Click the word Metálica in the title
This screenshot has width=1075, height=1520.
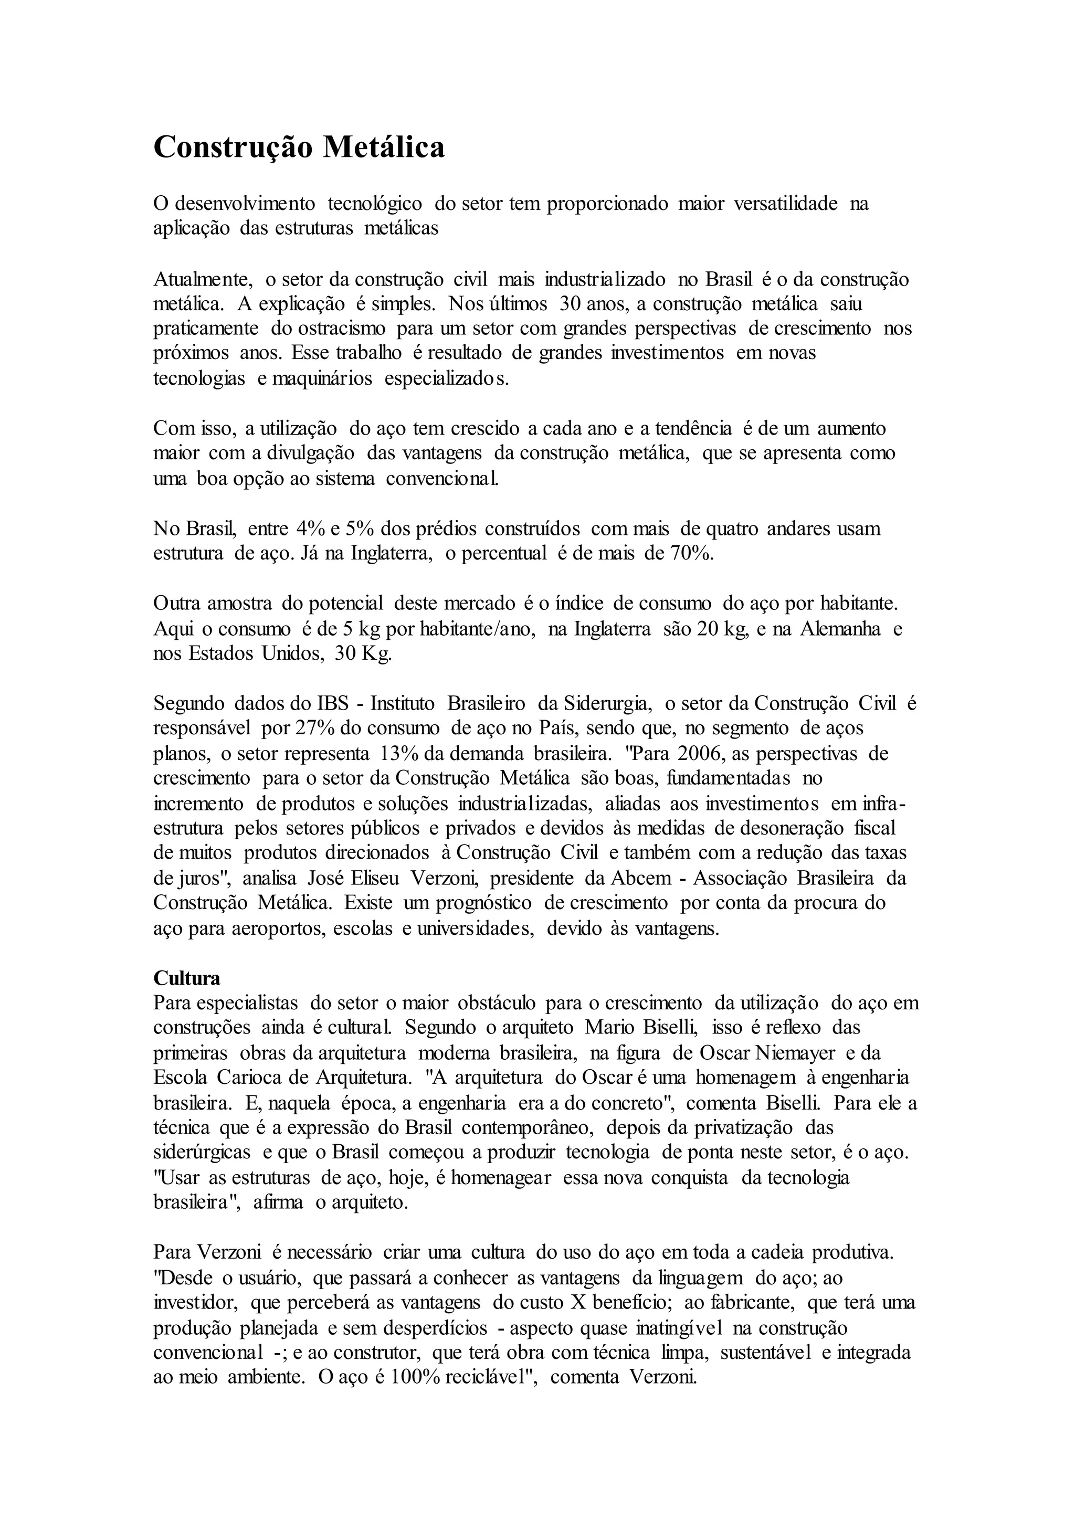point(383,147)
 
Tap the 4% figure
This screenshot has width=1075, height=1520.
point(309,529)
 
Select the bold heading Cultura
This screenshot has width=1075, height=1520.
point(187,978)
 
